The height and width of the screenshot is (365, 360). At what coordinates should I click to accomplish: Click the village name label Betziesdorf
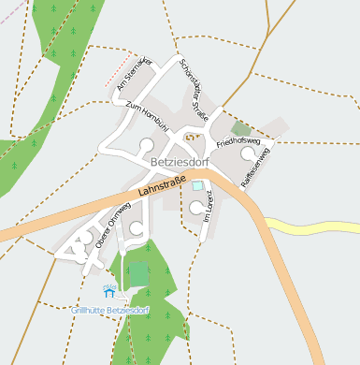179,161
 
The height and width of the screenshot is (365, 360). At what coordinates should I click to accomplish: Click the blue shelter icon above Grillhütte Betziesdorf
109,292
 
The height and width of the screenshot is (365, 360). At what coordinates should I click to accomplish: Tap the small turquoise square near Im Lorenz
196,186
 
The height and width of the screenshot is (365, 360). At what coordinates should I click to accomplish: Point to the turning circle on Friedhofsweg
247,153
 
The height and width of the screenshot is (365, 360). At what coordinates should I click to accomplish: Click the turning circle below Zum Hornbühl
147,145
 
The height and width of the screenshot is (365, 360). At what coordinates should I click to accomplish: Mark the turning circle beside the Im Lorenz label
196,207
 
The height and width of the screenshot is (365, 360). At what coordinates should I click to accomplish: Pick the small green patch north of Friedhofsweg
240,129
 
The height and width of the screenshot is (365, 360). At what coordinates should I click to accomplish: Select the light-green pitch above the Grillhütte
138,273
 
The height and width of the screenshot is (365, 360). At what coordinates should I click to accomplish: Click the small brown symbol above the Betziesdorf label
193,139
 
